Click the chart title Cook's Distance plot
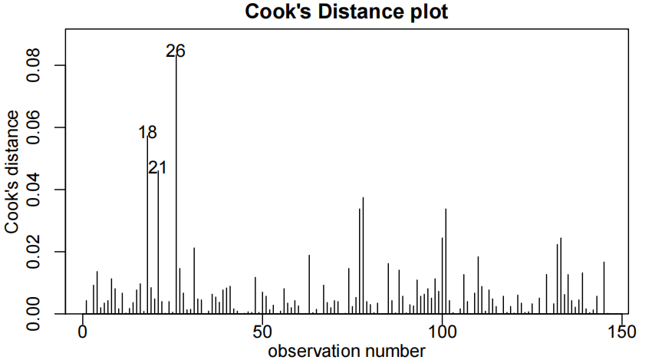(345, 12)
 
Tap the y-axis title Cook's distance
(12, 172)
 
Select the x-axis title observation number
(346, 351)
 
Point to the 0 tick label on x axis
(83, 332)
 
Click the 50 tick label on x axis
(262, 332)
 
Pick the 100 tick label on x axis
(443, 332)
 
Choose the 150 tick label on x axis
(622, 332)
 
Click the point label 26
(176, 51)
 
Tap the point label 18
(147, 133)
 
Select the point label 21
(157, 167)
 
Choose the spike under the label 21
(158, 246)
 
